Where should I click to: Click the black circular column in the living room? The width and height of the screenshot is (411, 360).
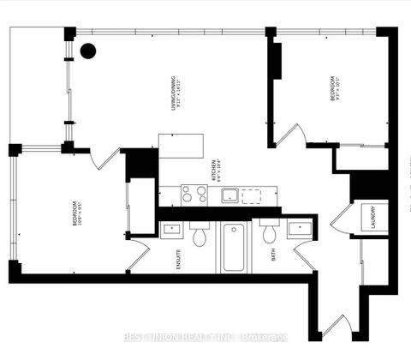[x=87, y=50]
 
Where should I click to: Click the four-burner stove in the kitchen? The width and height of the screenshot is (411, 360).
[x=194, y=195]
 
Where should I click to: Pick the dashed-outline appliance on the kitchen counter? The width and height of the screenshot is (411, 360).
[x=251, y=196]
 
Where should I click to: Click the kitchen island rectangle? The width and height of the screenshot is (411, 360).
[x=181, y=146]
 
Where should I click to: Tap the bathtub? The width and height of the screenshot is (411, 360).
[x=234, y=247]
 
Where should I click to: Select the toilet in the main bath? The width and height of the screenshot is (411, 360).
[x=269, y=234]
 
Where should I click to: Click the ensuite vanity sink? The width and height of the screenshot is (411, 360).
[x=170, y=230]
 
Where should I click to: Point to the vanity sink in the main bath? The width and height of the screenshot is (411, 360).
[x=299, y=230]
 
